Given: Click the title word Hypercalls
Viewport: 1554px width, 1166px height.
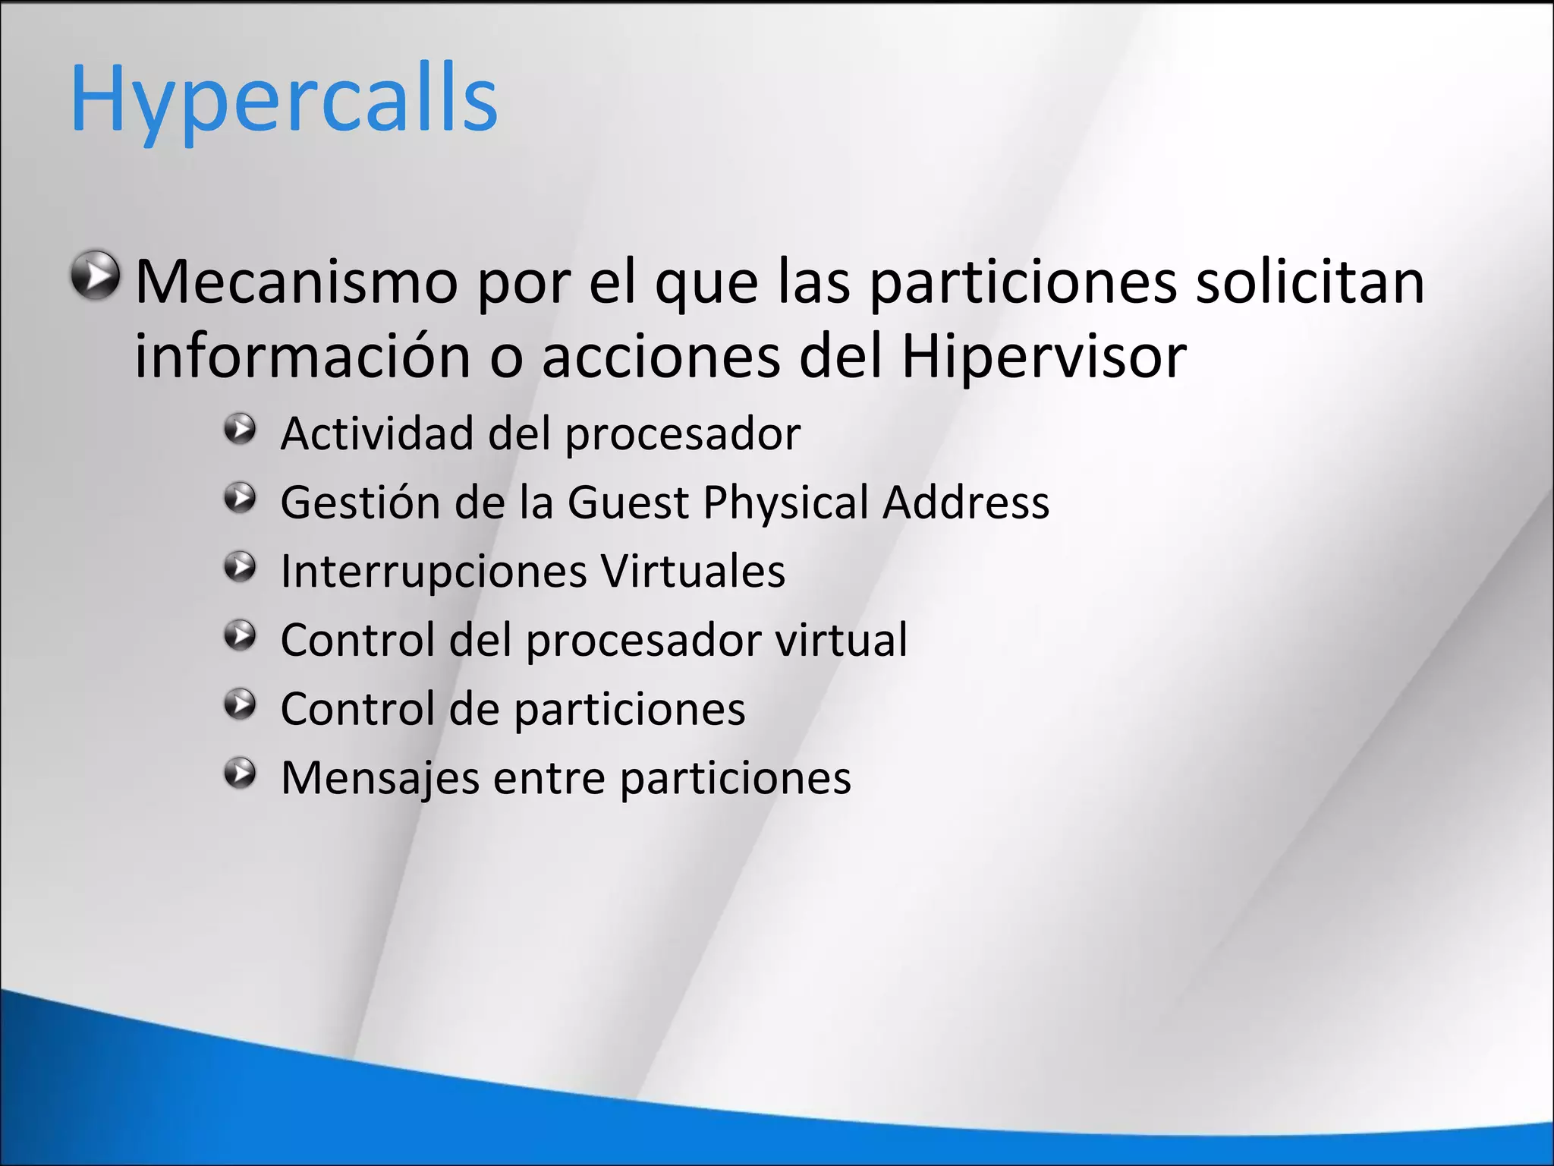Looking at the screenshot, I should coord(284,100).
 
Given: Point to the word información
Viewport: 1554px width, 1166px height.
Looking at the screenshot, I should coord(303,357).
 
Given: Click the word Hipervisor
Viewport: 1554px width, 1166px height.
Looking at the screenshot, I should coord(1043,357).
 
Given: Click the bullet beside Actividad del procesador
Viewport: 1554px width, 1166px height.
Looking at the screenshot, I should coord(241,430).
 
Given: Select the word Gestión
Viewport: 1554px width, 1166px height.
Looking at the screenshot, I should coord(360,503).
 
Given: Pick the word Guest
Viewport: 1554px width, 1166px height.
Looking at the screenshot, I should coord(628,503).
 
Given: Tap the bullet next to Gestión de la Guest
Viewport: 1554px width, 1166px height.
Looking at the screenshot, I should coord(241,499).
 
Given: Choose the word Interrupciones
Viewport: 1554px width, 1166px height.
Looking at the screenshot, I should coord(433,571).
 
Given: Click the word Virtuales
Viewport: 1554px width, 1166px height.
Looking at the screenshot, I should coord(693,571).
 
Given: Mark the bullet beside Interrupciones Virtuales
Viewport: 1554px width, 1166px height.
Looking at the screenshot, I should coord(241,567).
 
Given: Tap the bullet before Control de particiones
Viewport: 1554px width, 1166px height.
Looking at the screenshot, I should coord(241,704).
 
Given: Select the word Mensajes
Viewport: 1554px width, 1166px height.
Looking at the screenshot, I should coord(380,778).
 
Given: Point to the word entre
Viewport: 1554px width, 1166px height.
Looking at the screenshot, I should coord(549,778).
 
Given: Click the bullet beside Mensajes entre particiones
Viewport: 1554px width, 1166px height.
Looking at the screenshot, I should coord(241,774).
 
